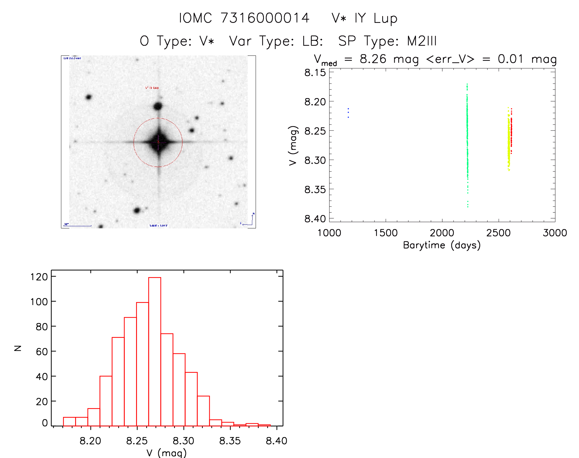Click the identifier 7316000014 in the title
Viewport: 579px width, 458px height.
[265, 18]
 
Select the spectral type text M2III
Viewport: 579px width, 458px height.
[422, 41]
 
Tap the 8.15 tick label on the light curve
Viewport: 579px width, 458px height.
[315, 73]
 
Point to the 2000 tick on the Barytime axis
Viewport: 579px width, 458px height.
[442, 233]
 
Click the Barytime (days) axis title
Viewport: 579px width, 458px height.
[442, 245]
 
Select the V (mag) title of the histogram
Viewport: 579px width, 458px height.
[166, 453]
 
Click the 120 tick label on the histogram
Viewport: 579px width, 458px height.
[39, 277]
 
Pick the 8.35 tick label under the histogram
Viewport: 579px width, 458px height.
[230, 441]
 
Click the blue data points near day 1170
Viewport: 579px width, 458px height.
[348, 113]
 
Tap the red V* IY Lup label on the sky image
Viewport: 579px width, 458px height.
[152, 88]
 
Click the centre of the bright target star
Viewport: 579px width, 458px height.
[158, 142]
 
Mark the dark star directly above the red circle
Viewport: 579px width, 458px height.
[158, 106]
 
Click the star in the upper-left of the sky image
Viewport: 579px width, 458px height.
[89, 97]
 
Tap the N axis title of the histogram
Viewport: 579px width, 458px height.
[18, 348]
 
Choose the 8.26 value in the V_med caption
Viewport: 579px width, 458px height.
[373, 59]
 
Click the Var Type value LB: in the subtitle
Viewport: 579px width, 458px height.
[313, 41]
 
